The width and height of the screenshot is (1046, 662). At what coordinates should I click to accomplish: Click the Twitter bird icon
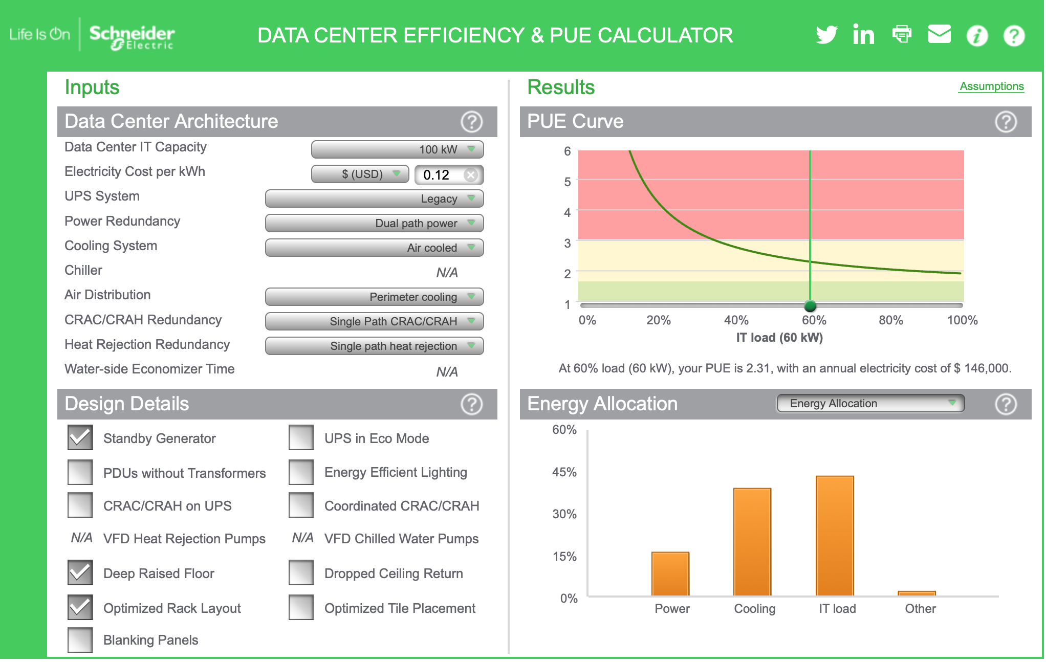coord(826,35)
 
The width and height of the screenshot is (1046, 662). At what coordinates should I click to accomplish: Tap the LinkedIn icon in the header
coord(863,35)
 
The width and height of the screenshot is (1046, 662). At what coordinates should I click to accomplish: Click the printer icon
coord(902,34)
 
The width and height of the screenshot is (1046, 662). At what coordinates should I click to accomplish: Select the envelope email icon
coord(939,34)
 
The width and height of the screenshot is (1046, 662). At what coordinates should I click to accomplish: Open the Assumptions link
coord(991,86)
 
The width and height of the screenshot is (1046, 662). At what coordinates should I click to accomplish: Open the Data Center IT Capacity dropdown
coord(397,149)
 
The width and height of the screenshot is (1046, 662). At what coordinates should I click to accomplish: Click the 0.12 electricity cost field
coord(442,175)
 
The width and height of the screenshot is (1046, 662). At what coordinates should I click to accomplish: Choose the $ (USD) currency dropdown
coord(360,174)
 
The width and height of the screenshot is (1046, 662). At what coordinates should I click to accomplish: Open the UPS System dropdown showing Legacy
coord(374,198)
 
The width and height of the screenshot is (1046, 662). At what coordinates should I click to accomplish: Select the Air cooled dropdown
coord(374,248)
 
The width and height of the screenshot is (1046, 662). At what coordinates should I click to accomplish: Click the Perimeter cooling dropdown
coord(374,297)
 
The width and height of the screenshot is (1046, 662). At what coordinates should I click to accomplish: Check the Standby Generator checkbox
coord(80,438)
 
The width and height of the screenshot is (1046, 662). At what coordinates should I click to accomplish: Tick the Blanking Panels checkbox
coord(80,639)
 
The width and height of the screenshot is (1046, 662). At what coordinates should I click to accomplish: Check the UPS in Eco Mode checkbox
coord(301,438)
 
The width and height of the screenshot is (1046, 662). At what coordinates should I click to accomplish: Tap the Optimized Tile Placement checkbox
coord(301,608)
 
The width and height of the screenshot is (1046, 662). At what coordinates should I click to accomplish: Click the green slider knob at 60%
coord(810,306)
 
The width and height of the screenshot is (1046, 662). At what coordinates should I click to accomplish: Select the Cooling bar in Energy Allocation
coord(752,542)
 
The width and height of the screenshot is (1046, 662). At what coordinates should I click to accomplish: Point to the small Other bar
coord(917,593)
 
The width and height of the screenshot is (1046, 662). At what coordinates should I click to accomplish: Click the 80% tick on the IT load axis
coord(890,320)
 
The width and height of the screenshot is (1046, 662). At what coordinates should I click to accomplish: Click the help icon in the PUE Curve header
coord(1006,122)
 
